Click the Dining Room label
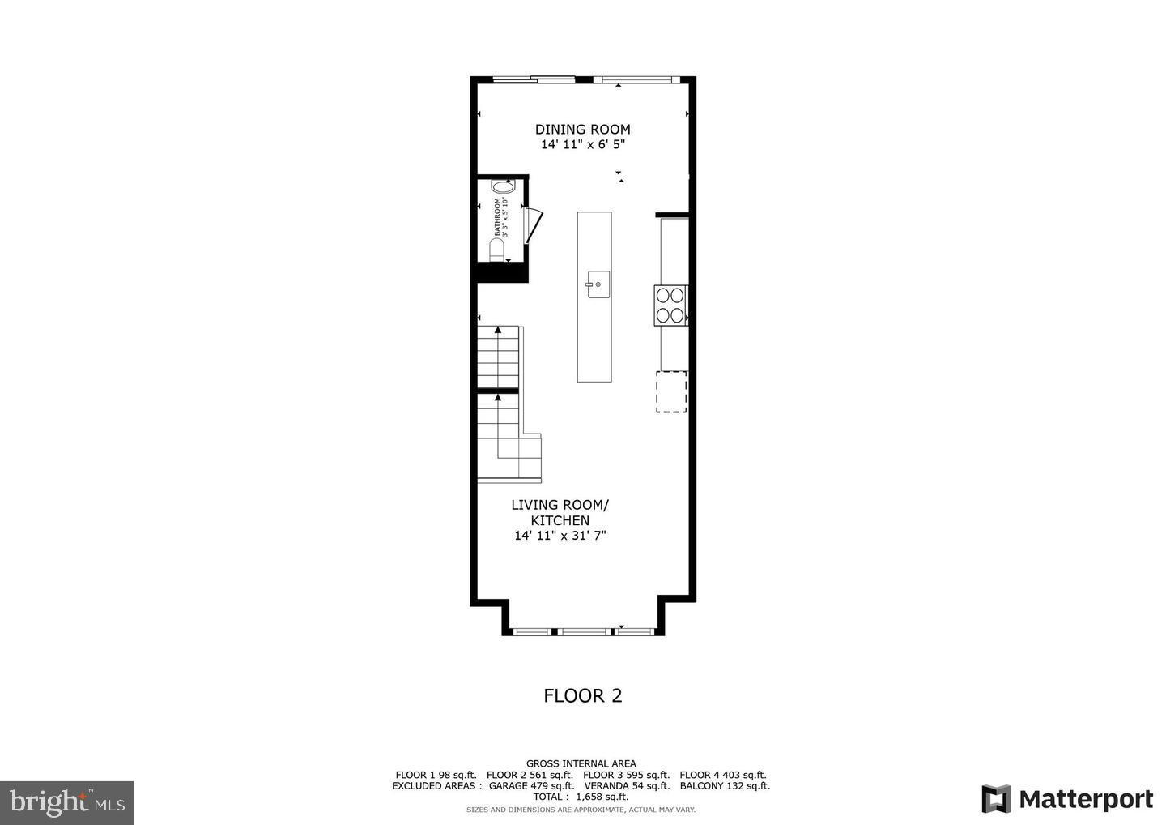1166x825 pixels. pos(582,129)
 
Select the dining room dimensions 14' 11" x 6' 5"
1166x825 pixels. pos(582,145)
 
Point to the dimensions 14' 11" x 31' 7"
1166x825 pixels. pos(560,536)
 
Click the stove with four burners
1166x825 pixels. pos(670,306)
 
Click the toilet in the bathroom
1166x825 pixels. pos(497,249)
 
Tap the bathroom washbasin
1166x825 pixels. pos(496,186)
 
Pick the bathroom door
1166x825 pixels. pos(532,224)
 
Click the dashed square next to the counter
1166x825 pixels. pos(671,391)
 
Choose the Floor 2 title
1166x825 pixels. pos(582,695)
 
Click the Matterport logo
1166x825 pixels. pos(1067,799)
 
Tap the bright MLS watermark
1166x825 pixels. pos(66,802)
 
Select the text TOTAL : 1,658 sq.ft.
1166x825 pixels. pos(581,797)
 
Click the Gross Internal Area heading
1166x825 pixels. pos(581,763)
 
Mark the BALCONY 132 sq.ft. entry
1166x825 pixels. pos(724,785)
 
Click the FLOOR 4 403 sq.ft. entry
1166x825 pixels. pos(722,775)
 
